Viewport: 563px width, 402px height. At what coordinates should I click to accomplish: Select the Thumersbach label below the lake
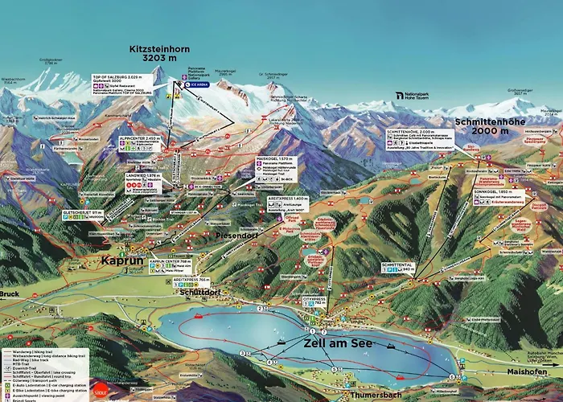375,396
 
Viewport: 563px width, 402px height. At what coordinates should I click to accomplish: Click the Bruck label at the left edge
10,294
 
